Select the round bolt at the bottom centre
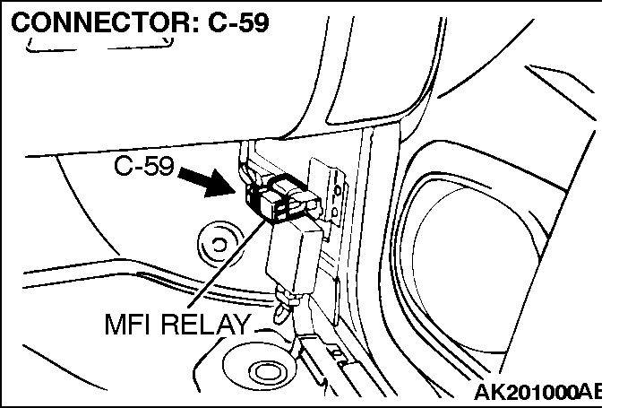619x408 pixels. pos(266,369)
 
